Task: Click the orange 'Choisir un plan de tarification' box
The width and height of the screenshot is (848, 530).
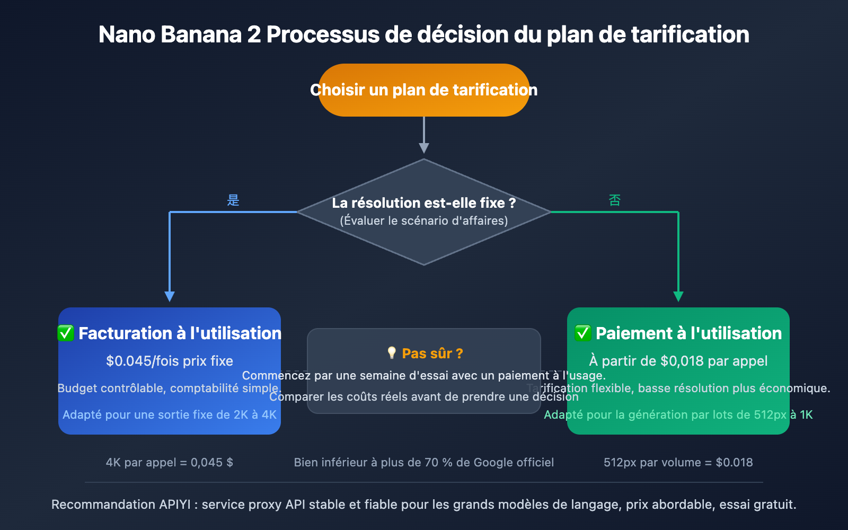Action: click(x=424, y=90)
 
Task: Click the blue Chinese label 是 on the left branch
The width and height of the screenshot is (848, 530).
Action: click(x=233, y=200)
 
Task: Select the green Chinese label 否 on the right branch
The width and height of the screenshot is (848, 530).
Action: click(x=615, y=200)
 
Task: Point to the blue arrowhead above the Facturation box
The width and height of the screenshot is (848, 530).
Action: click(x=170, y=296)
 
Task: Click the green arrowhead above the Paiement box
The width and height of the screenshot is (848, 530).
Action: click(x=678, y=296)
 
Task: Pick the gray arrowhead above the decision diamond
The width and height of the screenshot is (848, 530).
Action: click(x=424, y=148)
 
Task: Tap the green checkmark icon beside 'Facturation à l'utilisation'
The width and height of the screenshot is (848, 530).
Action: click(x=66, y=333)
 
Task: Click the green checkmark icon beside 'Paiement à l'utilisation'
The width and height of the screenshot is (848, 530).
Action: click(x=583, y=333)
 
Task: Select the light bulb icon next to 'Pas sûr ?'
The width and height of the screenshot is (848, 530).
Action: click(x=392, y=353)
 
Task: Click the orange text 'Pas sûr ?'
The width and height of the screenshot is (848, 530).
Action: click(x=432, y=354)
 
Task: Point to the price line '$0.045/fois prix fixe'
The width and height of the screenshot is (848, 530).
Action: click(x=170, y=361)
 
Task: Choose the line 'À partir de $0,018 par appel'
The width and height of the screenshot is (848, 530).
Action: click(x=678, y=361)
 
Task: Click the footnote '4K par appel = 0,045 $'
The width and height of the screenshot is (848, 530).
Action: click(x=170, y=462)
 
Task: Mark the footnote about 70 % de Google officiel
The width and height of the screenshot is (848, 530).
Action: click(x=424, y=462)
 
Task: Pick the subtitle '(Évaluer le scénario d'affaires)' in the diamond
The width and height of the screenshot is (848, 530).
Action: click(x=424, y=220)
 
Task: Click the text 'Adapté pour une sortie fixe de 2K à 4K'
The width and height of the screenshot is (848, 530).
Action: click(x=170, y=414)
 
